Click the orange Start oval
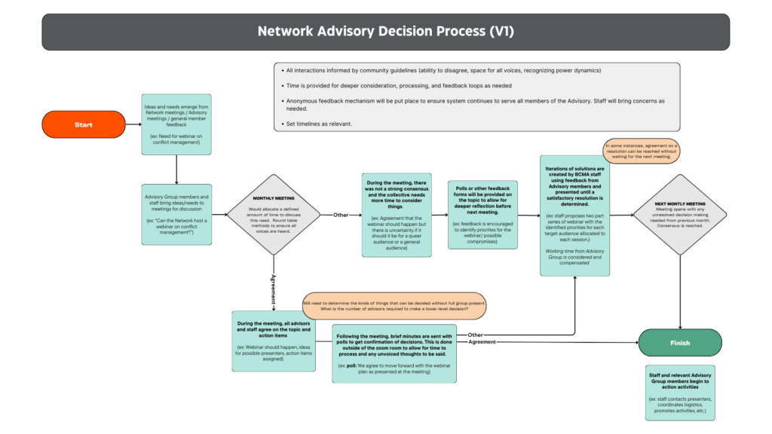coord(83,124)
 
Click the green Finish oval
coord(679,342)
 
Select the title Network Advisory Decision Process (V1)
coord(385,32)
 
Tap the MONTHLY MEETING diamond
coord(273,214)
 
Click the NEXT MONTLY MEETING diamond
coord(679,215)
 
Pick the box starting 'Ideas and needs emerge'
coord(176,125)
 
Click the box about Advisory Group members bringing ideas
coord(176,214)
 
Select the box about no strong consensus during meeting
coord(396,215)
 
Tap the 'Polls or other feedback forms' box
coord(482,215)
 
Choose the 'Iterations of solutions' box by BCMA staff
coord(574,215)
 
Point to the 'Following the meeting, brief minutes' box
coord(394,353)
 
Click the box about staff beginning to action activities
coord(680,393)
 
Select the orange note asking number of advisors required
coord(394,306)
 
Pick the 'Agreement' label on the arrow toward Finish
coord(482,342)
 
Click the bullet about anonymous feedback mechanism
coord(475,104)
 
